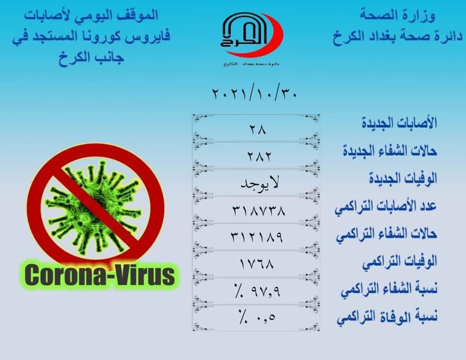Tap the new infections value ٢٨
[x=258, y=130]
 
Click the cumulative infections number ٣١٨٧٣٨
[x=259, y=211]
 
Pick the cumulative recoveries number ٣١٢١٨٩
[x=257, y=237]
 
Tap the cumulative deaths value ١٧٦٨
[x=257, y=264]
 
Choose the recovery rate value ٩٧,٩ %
[x=257, y=291]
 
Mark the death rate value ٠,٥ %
[x=256, y=317]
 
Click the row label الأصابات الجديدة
[x=399, y=123]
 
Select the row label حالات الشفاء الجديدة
[x=390, y=150]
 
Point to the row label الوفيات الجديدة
[x=403, y=178]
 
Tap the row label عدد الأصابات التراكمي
[x=386, y=206]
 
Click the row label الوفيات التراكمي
[x=399, y=262]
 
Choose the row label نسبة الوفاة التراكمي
[x=387, y=317]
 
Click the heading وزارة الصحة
[x=398, y=16]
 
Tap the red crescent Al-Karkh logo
[x=252, y=35]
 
